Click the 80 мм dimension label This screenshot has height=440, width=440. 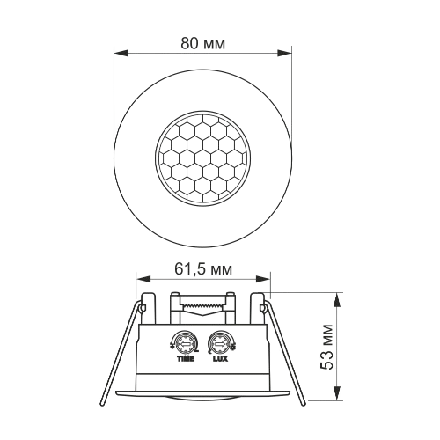[203, 41]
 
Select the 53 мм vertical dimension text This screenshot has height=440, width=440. [327, 348]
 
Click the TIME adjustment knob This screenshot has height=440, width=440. [186, 340]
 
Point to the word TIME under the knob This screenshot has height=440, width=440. [186, 360]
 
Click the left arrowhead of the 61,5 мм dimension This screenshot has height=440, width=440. [140, 280]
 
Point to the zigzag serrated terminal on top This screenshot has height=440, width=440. [202, 304]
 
